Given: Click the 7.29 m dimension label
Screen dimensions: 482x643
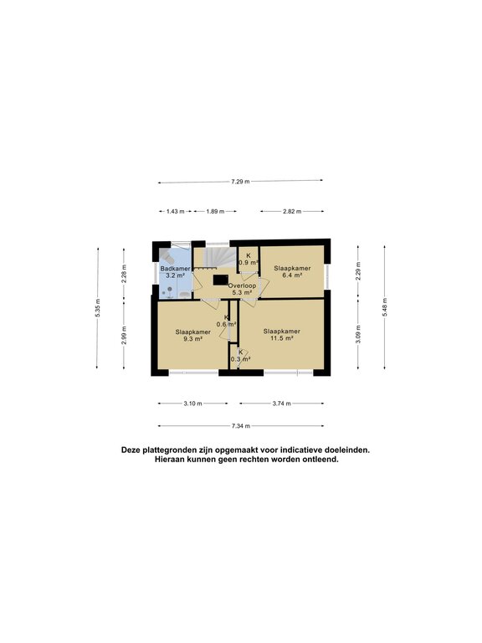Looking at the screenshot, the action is (241, 181).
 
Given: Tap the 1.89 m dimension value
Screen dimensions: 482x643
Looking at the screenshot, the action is (215, 212).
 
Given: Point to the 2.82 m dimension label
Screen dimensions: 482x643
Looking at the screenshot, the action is (292, 212).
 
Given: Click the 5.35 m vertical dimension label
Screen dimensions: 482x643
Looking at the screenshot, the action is (97, 307).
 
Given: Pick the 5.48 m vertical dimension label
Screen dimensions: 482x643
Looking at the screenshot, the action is (384, 307).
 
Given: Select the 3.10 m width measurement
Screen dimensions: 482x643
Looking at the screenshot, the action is (192, 404).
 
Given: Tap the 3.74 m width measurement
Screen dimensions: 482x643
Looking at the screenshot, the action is (281, 404).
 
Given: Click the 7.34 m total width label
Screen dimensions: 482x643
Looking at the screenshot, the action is (241, 426).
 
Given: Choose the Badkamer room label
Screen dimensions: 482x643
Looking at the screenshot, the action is (176, 269).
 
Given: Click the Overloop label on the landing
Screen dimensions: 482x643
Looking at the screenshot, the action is (242, 285).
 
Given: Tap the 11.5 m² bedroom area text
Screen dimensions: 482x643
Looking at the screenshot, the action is (281, 338).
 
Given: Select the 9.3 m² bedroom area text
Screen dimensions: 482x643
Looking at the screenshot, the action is (193, 339).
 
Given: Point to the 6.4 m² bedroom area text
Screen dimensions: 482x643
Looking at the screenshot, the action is (292, 275).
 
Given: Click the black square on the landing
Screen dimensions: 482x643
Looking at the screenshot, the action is (221, 280).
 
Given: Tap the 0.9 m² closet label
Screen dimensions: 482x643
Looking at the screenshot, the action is (249, 262).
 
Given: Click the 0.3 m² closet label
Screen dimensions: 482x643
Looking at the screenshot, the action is (241, 359).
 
